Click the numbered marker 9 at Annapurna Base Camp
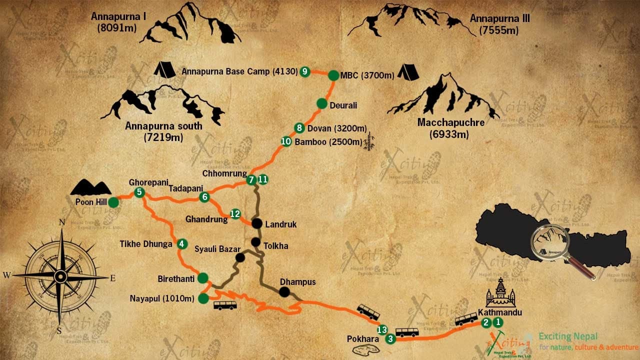(x=305, y=71)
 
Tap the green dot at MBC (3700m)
(x=333, y=75)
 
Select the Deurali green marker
(x=322, y=103)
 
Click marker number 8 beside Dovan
(x=299, y=127)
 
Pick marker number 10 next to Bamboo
(x=286, y=141)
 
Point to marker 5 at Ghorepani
(x=139, y=192)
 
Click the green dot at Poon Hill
(x=113, y=202)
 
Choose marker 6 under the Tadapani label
(x=203, y=197)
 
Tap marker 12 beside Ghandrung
(x=235, y=214)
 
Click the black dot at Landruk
(x=257, y=223)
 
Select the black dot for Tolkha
(x=255, y=242)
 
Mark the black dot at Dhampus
(x=284, y=292)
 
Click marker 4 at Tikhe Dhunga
(x=182, y=244)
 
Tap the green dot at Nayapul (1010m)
(x=203, y=298)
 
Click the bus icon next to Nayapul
(x=225, y=305)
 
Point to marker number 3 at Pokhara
(x=390, y=339)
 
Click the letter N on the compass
(x=62, y=222)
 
